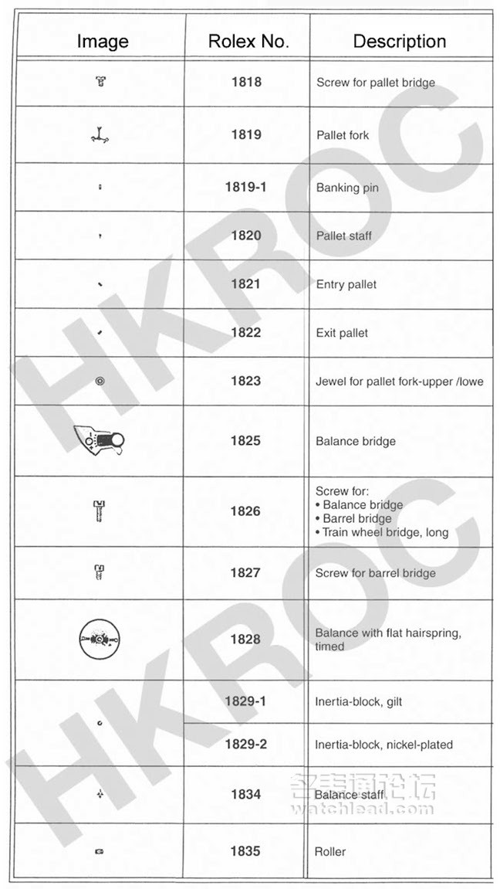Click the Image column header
102,42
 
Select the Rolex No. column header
248,42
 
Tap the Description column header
399,42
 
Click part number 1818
246,82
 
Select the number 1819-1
245,187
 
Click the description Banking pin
347,188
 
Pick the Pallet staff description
343,236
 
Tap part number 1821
246,283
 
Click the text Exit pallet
342,333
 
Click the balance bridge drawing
100,442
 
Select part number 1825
246,441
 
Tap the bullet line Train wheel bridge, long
381,532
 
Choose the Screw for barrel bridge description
376,573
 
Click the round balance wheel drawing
100,640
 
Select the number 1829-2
246,745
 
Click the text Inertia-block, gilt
358,702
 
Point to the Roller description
330,852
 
